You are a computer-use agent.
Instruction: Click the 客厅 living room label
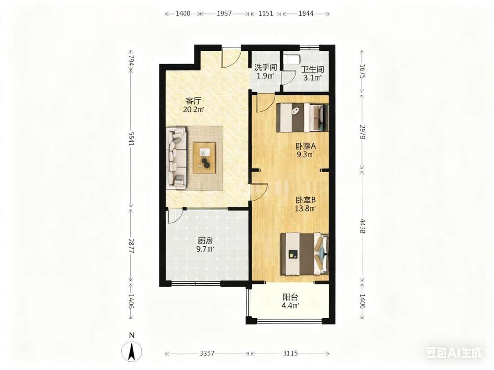coord(193,101)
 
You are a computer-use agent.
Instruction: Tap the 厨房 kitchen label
coord(205,241)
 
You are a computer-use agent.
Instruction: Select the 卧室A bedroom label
coord(305,146)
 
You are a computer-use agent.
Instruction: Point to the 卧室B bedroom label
coord(305,200)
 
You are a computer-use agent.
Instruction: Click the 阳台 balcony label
coord(290,297)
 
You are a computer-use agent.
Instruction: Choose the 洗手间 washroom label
coord(265,68)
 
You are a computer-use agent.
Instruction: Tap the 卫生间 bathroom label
coord(312,69)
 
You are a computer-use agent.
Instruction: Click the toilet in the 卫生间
coord(292,58)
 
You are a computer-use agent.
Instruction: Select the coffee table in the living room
coord(205,158)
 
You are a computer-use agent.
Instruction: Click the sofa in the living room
coord(177,158)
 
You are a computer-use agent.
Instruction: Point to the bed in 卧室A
coord(303,118)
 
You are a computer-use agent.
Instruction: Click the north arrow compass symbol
coord(132,351)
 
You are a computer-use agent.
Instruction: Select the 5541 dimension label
coord(131,138)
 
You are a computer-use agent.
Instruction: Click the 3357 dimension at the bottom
coord(207,353)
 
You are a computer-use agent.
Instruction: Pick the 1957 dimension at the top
coord(224,13)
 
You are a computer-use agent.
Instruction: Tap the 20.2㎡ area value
coord(194,110)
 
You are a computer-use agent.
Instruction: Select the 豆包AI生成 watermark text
coord(454,352)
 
